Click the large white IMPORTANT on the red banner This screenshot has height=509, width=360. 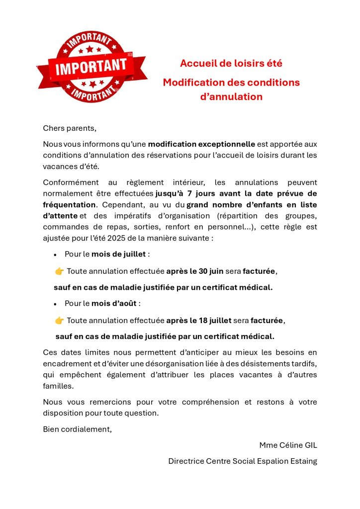pos(91,67)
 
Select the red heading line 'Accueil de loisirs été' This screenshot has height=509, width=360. pos(231,64)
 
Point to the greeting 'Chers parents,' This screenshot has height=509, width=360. pos(69,128)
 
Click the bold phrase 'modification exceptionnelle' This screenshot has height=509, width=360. pos(201,144)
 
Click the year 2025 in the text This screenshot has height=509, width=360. pos(127,238)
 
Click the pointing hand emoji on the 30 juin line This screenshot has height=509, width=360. pos(59,271)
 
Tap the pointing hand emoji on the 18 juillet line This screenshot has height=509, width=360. pos(59,320)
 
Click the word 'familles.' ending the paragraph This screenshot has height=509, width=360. pos(58,386)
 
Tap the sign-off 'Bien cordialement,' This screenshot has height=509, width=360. pos(77,429)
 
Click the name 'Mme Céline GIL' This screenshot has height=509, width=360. pos(288,445)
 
